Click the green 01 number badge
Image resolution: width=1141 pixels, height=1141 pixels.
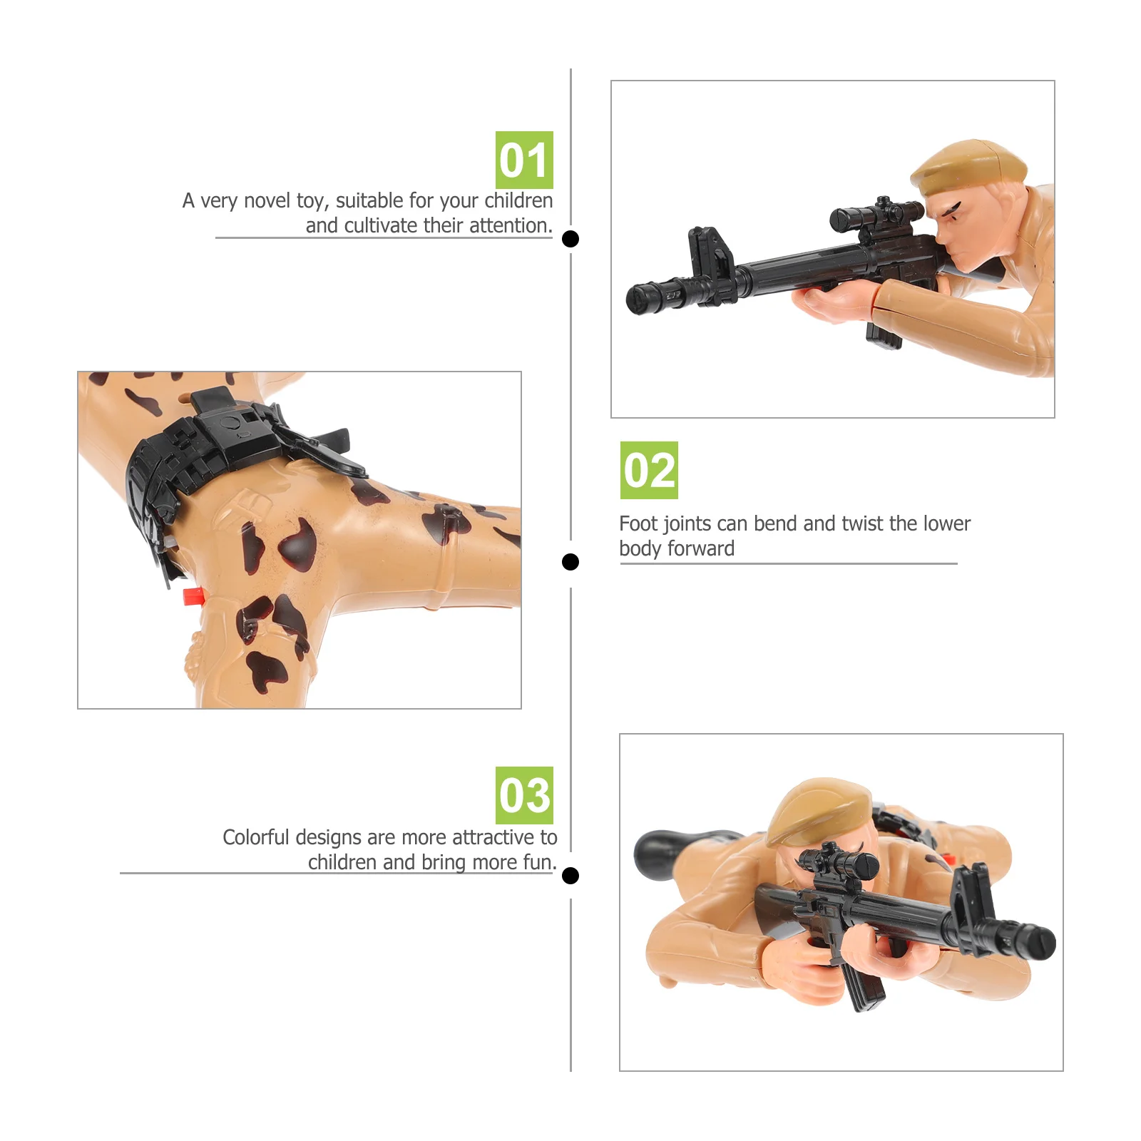[524, 160]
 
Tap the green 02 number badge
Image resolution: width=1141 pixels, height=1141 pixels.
[649, 470]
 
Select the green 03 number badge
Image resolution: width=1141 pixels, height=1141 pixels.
[524, 795]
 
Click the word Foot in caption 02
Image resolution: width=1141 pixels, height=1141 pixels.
[638, 523]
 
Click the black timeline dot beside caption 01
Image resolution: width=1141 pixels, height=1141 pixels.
[570, 239]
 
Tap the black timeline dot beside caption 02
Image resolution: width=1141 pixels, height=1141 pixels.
[570, 562]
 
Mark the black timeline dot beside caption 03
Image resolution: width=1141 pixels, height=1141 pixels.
[570, 875]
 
